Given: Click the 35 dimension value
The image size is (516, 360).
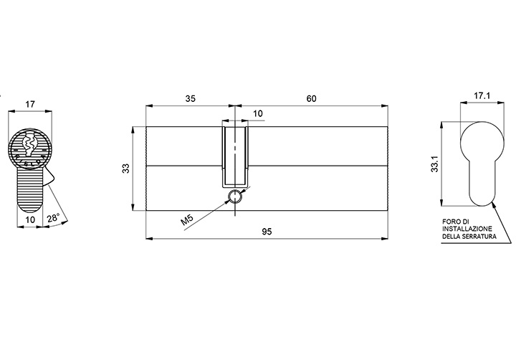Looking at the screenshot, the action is click(190, 98).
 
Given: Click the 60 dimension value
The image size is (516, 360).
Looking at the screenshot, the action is click(311, 98).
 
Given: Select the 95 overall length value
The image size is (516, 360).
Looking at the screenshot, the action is click(267, 232).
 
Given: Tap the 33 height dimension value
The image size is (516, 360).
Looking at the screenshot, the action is click(126, 169).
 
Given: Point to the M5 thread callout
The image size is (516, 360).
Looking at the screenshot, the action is click(187, 219).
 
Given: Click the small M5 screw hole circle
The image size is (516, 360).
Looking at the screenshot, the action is click(235, 196).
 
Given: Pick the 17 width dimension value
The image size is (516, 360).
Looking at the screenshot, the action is click(30, 105).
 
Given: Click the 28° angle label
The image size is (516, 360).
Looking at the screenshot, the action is click(53, 219).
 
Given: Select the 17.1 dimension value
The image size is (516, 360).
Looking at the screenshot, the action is click(482, 96).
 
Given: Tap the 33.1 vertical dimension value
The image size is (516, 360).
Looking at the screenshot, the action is click(435, 164).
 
